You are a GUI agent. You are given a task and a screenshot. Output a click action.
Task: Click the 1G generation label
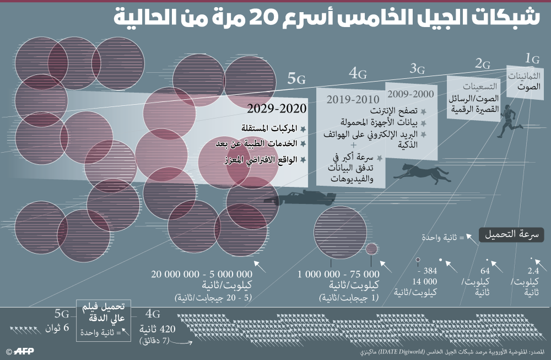pyautogui.click(x=532, y=58)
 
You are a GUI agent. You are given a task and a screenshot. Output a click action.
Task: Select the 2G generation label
pyautogui.click(x=483, y=63)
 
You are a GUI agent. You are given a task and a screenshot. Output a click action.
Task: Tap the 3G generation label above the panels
pyautogui.click(x=417, y=68)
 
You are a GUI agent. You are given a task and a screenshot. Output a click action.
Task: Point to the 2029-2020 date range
pyautogui.click(x=277, y=109)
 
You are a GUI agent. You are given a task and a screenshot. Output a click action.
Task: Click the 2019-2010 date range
pyautogui.click(x=353, y=99)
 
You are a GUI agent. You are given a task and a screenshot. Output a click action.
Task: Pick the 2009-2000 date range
pyautogui.click(x=410, y=94)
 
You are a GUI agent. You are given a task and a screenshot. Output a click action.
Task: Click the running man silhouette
pyautogui.click(x=509, y=121)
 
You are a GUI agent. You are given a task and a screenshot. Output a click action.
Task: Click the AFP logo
pyautogui.click(x=20, y=351)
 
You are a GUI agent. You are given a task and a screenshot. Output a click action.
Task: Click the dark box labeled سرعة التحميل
pyautogui.click(x=511, y=234)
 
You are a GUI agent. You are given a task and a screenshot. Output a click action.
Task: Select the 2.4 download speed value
pyautogui.click(x=533, y=271)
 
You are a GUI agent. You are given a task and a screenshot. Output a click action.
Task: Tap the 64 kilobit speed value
pyautogui.click(x=485, y=271)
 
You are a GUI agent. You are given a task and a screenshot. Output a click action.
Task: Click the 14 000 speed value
pyautogui.click(x=424, y=282)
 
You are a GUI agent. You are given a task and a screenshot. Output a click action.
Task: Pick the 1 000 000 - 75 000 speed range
pyautogui.click(x=338, y=274)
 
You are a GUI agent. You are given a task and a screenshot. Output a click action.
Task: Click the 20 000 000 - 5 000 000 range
pyautogui.click(x=202, y=274)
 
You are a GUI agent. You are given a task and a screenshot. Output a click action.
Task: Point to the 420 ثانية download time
pyautogui.click(x=157, y=329)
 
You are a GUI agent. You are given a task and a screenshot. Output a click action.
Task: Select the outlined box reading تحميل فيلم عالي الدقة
pyautogui.click(x=104, y=320)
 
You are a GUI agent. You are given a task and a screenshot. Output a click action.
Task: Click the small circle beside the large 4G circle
pyautogui.click(x=372, y=249)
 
